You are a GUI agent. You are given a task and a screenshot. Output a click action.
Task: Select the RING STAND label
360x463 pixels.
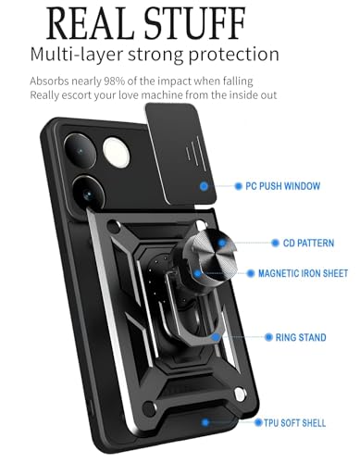(x=300, y=338)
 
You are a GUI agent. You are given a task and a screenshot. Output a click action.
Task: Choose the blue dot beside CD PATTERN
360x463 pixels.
(x=261, y=243)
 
